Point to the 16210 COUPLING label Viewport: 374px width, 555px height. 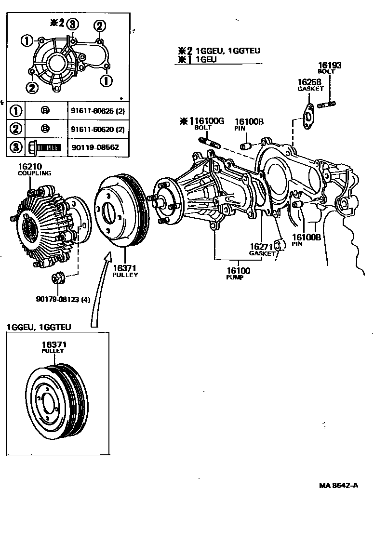(x=34, y=170)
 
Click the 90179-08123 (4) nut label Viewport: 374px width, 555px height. (x=63, y=299)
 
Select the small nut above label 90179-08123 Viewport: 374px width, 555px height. (x=57, y=278)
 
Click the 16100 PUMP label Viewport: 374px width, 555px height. (x=239, y=274)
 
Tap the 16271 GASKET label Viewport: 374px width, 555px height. (x=261, y=249)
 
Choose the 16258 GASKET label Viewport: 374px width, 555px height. (x=310, y=85)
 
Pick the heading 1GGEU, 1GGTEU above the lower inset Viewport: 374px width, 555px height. (x=39, y=327)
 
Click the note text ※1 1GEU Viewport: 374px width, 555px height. (x=197, y=59)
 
